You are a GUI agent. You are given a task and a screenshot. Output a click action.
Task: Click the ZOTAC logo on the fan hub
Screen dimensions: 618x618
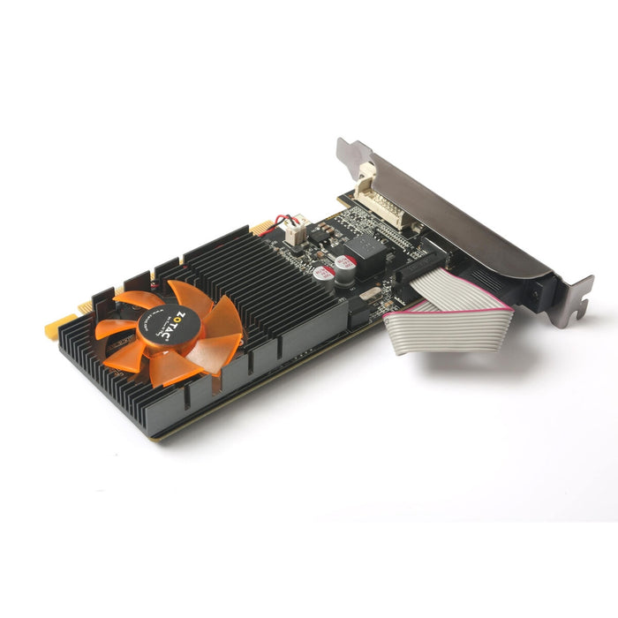pos(170,327)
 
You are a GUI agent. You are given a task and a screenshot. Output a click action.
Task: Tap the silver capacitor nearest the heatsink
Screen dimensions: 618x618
pos(324,274)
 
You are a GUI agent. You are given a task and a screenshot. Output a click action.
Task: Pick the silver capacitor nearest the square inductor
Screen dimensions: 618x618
pos(346,265)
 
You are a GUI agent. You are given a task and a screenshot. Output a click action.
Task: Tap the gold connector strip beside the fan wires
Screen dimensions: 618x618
pos(261,229)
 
